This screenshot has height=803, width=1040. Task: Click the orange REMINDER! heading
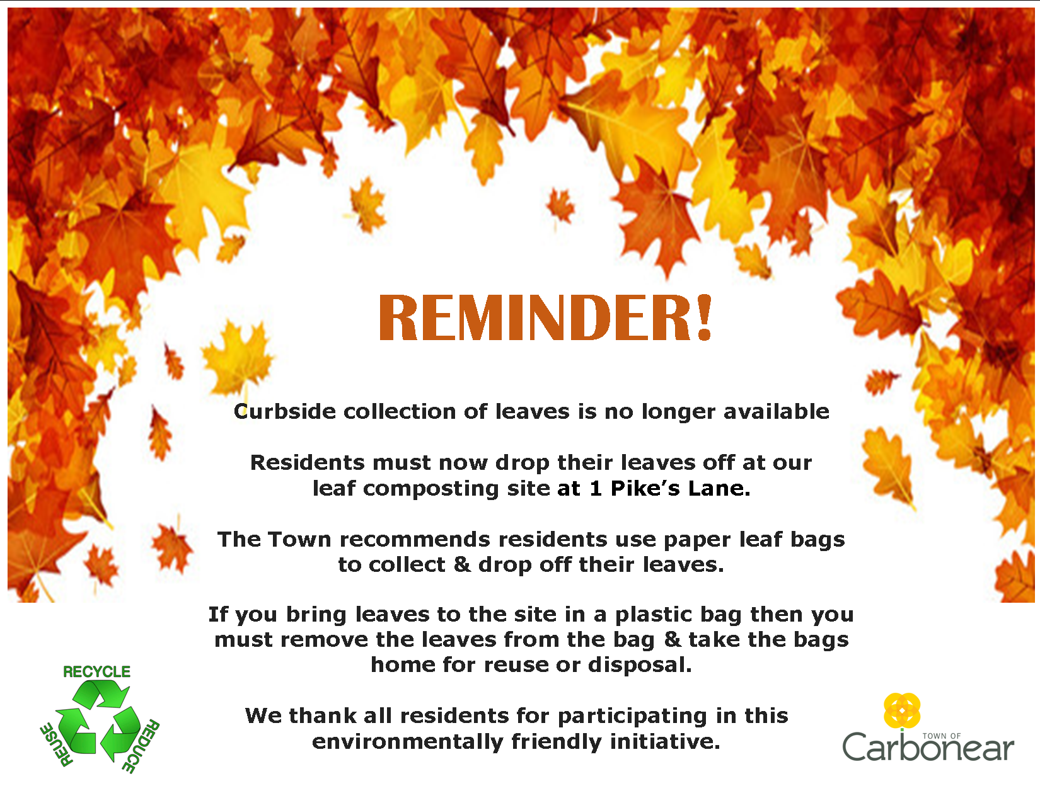click(546, 318)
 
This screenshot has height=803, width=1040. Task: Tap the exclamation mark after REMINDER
click(705, 318)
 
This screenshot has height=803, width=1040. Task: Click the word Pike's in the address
click(645, 488)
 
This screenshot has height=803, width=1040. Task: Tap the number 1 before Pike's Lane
click(596, 488)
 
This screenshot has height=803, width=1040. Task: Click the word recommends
click(422, 540)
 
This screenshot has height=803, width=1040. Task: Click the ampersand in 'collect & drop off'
click(462, 564)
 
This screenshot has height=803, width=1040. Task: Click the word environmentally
click(407, 743)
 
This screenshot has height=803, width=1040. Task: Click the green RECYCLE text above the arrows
click(96, 671)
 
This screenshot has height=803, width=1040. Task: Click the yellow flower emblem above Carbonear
click(902, 711)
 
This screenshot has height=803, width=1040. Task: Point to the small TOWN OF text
click(942, 736)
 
